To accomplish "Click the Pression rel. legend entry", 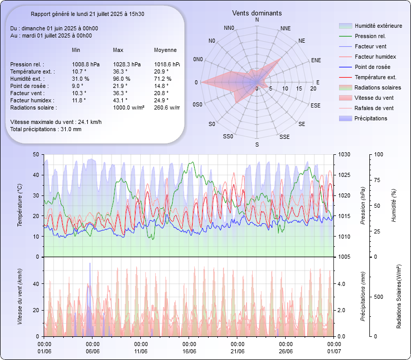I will coord(370,36).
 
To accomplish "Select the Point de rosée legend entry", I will coord(372,67).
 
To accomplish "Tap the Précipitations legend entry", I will coord(370,118).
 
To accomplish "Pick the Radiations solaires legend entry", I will coord(378,87).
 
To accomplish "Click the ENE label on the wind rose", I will coord(316,60).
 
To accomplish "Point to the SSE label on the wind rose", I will coord(284,137).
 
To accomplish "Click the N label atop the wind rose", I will coord(257,20).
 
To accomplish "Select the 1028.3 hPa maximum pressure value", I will coord(126,64).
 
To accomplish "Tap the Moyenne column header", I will coord(165,50).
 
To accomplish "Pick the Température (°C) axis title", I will coord(20,206).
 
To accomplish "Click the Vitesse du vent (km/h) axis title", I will coord(20,296).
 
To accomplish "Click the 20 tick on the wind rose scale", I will coord(313,88).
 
